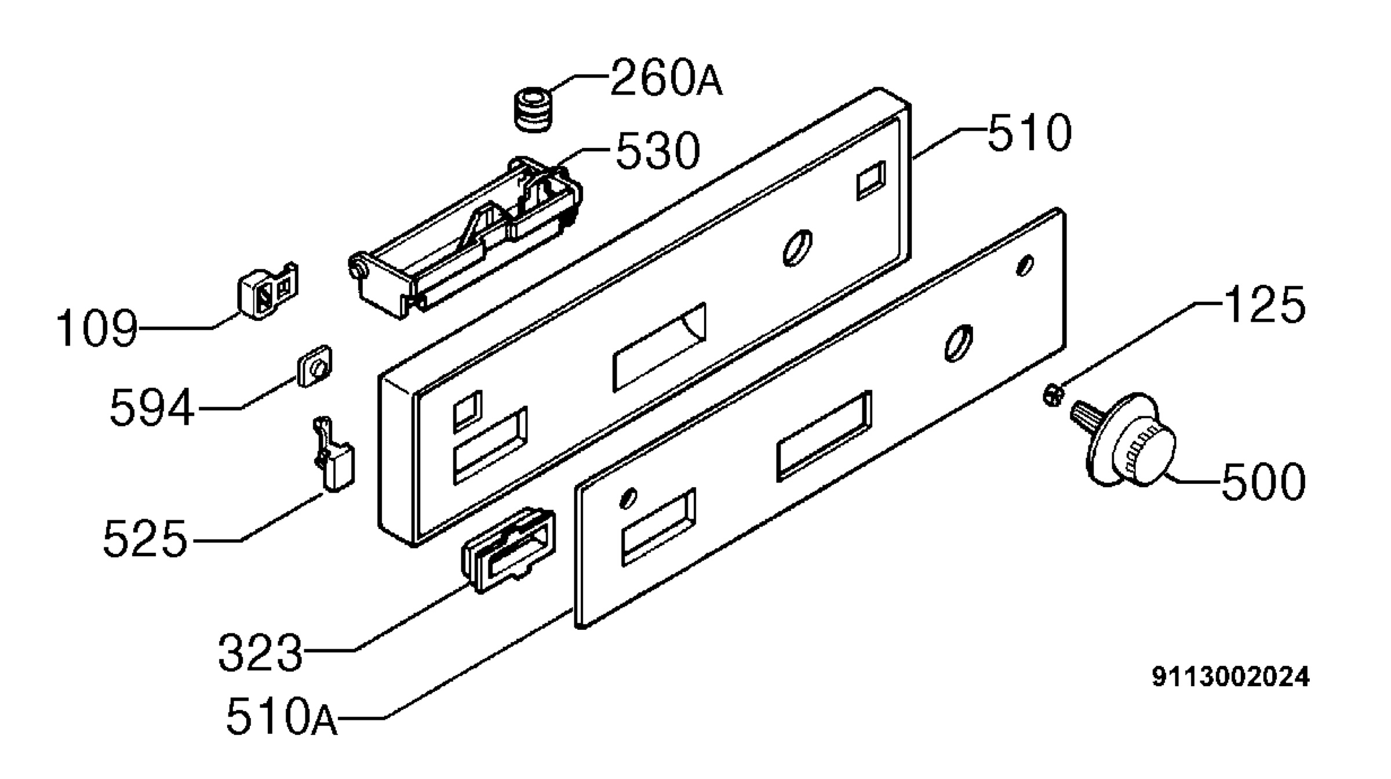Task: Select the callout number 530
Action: (658, 151)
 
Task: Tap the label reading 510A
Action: (281, 717)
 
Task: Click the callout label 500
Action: (1263, 481)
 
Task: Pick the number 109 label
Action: (97, 328)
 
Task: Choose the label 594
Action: (152, 408)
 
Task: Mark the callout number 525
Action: (145, 539)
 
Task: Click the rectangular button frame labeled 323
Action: (508, 550)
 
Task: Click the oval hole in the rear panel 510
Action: (797, 248)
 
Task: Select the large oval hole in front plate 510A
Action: (959, 343)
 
